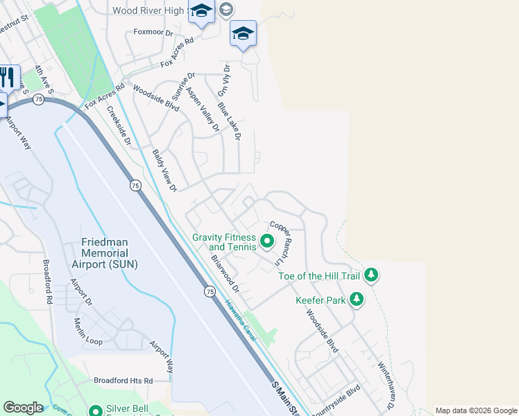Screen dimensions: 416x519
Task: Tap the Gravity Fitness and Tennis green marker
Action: [267, 243]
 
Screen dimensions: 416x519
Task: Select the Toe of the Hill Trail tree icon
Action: [372, 275]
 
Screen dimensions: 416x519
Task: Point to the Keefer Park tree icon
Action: [357, 299]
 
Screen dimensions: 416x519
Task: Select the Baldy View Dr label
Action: [165, 170]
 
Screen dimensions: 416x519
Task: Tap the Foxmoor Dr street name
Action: [153, 32]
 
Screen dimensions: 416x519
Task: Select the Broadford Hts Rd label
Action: [123, 381]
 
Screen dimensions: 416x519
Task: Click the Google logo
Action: [23, 408]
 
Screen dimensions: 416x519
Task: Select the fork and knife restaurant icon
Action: [7, 77]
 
